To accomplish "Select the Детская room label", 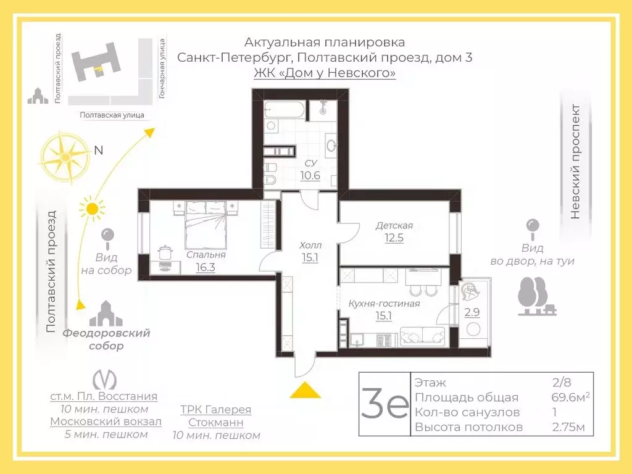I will (x=394, y=225).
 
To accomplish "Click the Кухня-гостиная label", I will (x=384, y=303).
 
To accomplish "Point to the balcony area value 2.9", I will (x=472, y=312).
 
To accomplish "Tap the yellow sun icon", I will (x=92, y=208).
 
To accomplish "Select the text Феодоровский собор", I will (x=106, y=339).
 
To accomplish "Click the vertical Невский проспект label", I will (x=575, y=162).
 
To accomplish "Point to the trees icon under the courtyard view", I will (x=534, y=296).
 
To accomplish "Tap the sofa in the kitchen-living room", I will (x=423, y=336).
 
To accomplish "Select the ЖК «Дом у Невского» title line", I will (x=325, y=73).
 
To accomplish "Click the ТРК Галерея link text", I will (x=215, y=410).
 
